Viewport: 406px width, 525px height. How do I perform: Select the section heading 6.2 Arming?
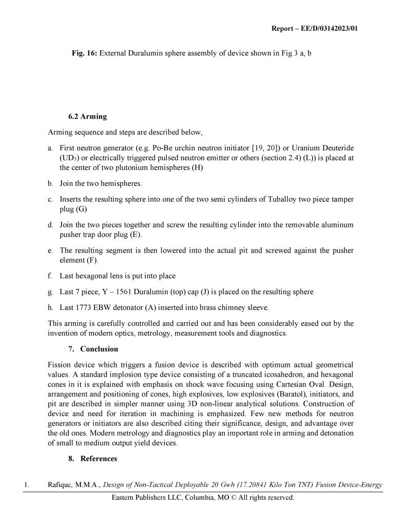pyautogui.click(x=87, y=116)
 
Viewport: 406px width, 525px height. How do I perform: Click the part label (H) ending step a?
pyautogui.click(x=197, y=167)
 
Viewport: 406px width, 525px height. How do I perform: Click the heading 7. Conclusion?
pyautogui.click(x=94, y=349)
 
